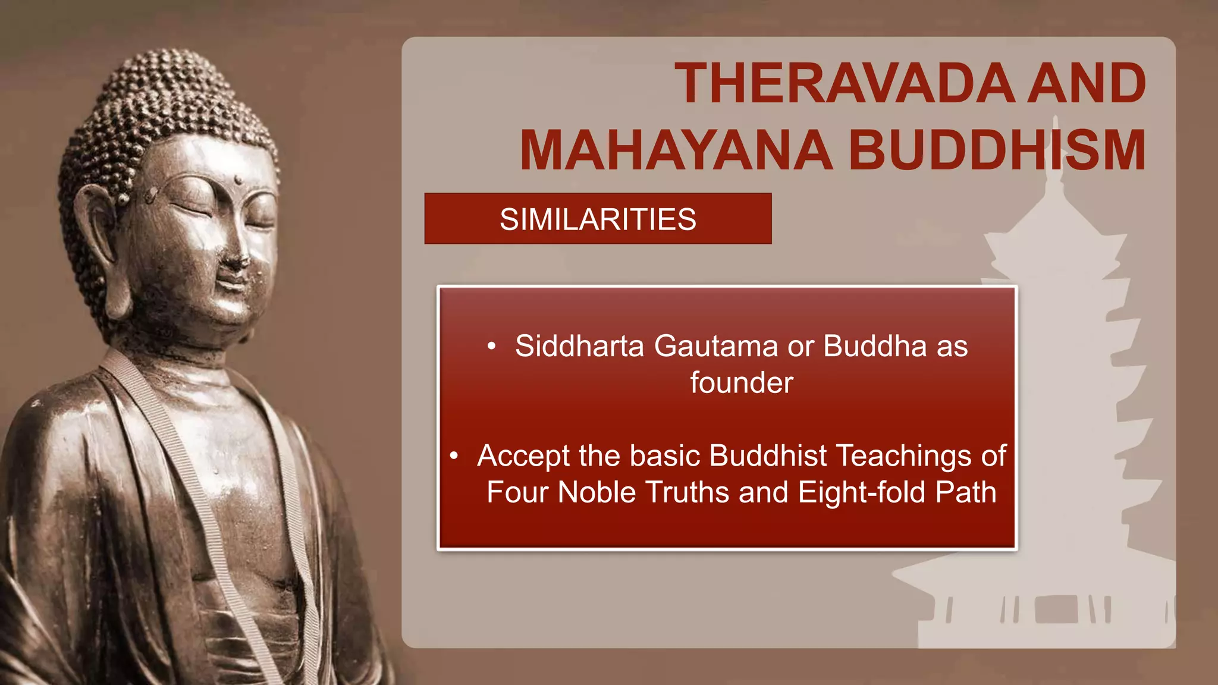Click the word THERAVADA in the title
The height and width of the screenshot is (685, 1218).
pos(845,84)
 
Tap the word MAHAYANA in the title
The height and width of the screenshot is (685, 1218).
pos(676,150)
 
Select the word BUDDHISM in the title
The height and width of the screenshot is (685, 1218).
pos(997,150)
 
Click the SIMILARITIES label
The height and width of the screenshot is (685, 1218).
pos(598,219)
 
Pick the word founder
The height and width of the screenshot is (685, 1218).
pos(742,383)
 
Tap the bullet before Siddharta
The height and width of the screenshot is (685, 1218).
pos(491,347)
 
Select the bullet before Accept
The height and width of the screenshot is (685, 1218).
pos(454,456)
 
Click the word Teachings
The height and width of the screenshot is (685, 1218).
pos(903,456)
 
